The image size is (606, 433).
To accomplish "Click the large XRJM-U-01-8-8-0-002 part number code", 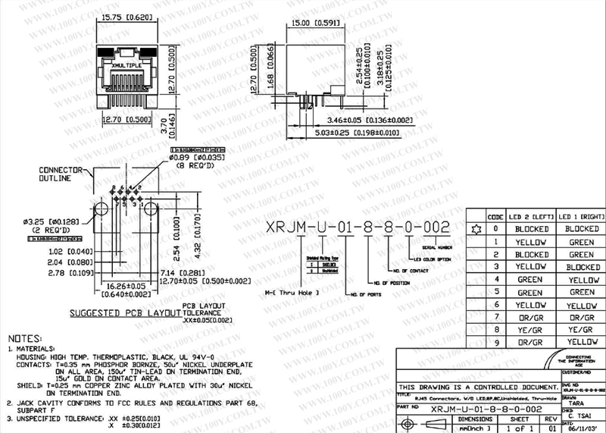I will [x=357, y=227].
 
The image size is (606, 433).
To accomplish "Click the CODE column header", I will [x=495, y=217].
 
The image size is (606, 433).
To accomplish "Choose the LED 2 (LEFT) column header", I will [x=531, y=217].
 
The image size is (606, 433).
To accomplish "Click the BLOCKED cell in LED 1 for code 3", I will [x=582, y=267].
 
